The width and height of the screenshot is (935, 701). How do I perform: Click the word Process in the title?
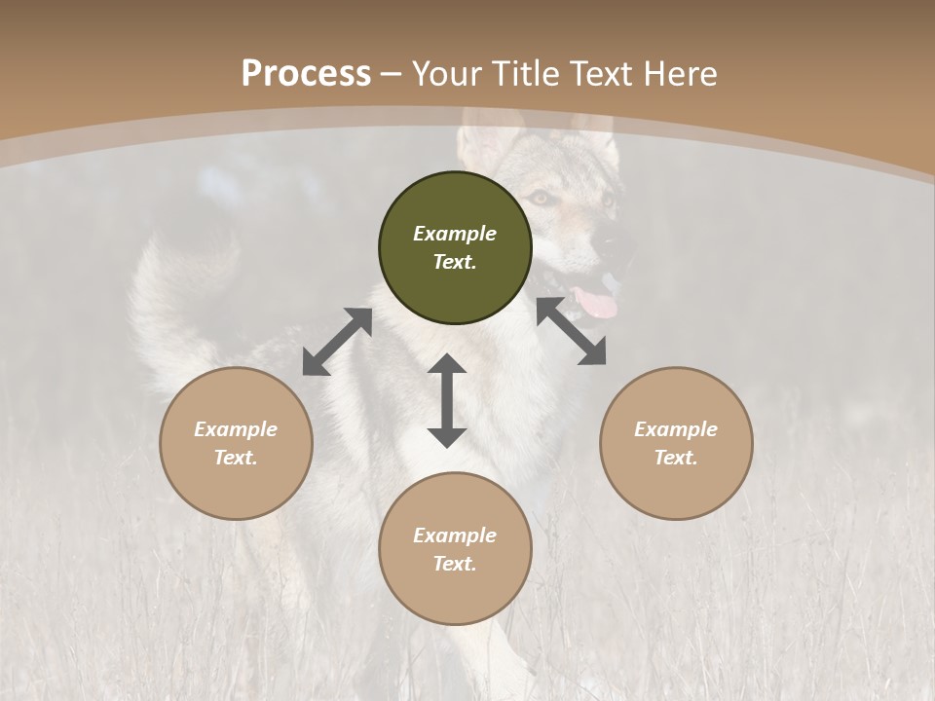[306, 74]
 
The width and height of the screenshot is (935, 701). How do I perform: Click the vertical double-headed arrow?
[447, 400]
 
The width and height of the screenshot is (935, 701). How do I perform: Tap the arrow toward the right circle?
[571, 331]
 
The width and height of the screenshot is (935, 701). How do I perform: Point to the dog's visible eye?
[539, 198]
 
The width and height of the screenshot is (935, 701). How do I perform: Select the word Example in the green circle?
[455, 234]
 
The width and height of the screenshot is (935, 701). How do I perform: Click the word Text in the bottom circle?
[453, 564]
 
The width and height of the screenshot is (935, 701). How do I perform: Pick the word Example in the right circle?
[676, 429]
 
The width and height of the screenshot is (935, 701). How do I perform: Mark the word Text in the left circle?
[234, 458]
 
